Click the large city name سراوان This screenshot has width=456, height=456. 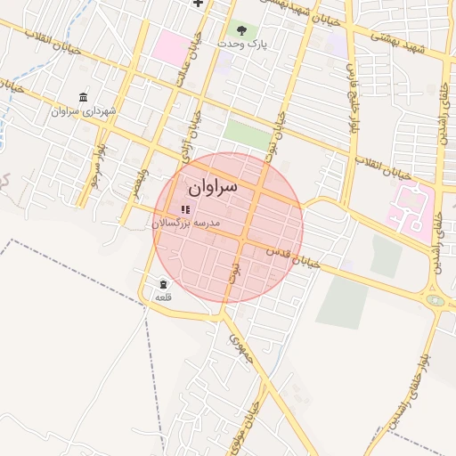coord(213,188)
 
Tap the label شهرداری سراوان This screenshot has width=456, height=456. coord(84,112)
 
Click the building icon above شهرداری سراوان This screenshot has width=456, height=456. coord(84,97)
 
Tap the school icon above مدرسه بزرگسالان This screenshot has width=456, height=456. coord(186,209)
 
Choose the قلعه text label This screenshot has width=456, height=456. coord(163,297)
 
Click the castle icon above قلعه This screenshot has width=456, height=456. coord(164,284)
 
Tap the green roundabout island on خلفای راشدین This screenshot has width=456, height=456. coord(435,300)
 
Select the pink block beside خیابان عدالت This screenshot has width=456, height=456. coord(170,46)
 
